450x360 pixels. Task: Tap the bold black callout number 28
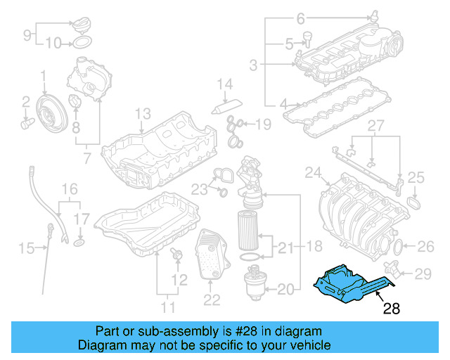tap(392, 309)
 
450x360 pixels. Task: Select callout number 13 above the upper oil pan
tap(143, 114)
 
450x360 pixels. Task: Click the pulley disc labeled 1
tap(52, 114)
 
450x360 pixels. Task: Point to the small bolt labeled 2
tap(27, 124)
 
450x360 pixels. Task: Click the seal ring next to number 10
tap(82, 42)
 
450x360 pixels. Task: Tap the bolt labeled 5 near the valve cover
tap(307, 39)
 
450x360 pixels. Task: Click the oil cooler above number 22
tap(212, 255)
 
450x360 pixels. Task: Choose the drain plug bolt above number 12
tap(176, 255)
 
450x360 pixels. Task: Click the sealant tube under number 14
tap(226, 106)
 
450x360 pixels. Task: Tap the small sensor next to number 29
tap(392, 269)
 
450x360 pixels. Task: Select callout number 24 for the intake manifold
tap(313, 172)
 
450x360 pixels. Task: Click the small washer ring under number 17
tap(79, 243)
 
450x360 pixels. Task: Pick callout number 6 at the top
tap(300, 18)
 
